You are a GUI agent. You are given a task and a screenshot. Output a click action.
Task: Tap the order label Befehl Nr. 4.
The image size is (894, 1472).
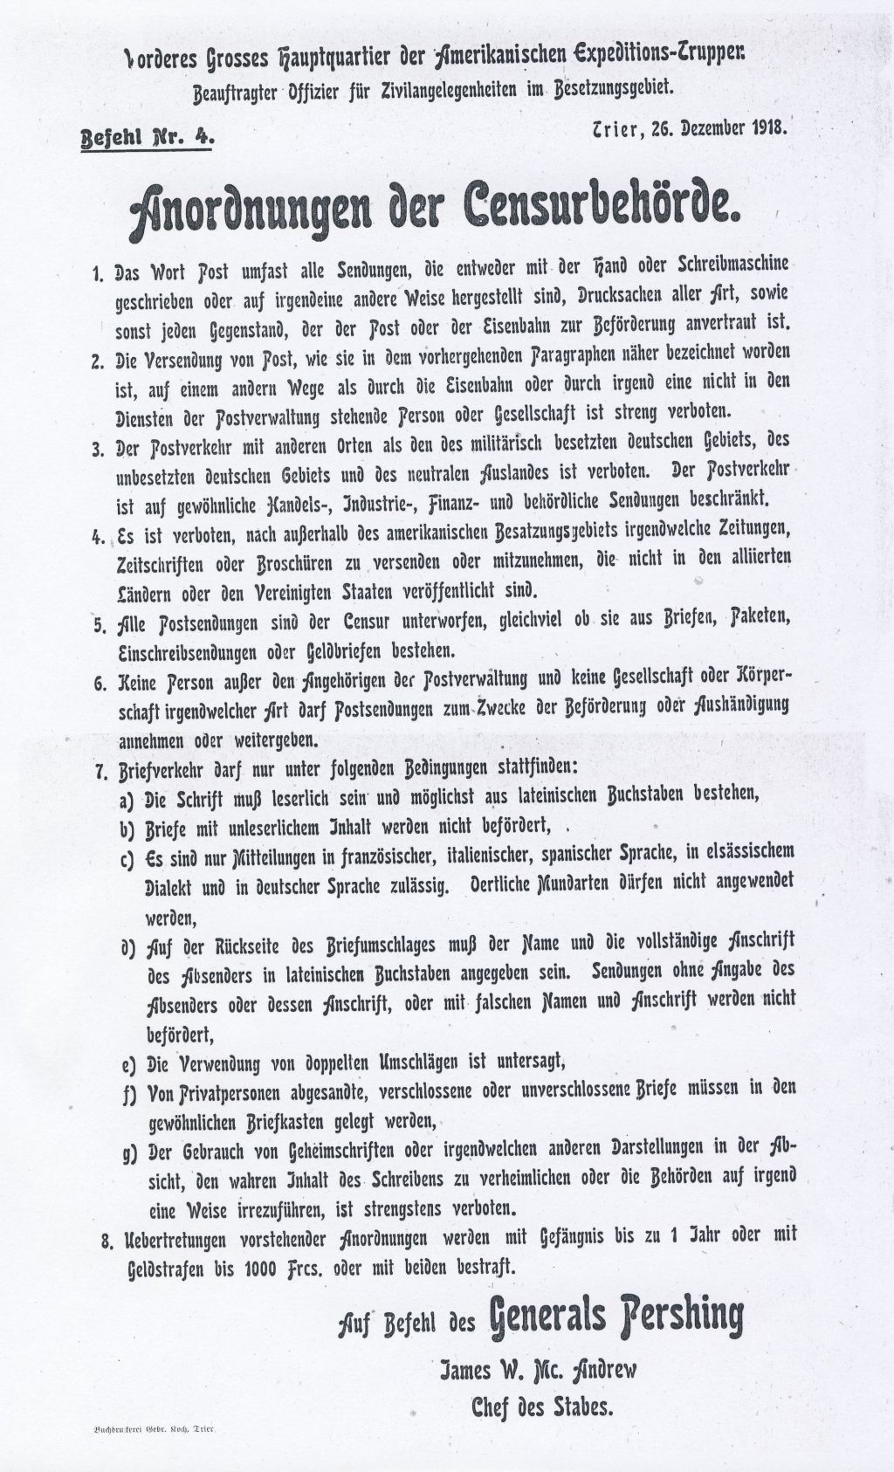(x=145, y=137)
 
